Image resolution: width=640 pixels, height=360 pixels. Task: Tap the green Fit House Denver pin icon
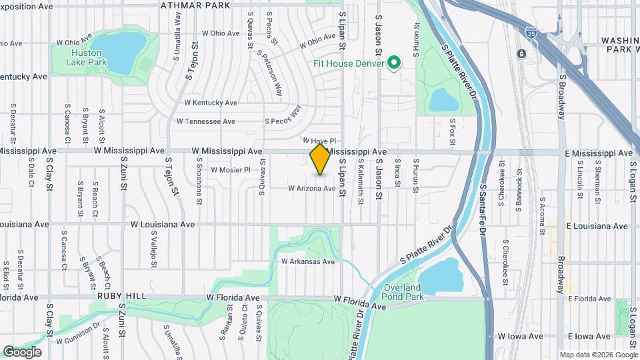click(x=393, y=63)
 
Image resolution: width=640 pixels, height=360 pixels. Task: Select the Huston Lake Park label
click(x=86, y=57)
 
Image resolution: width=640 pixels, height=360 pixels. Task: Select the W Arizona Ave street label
click(x=311, y=189)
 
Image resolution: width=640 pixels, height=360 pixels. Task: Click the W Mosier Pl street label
click(x=230, y=170)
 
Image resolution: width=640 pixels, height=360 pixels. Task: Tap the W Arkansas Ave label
click(x=307, y=261)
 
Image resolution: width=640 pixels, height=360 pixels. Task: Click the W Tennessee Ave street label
click(x=205, y=121)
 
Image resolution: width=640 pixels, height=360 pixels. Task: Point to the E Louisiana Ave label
click(x=597, y=227)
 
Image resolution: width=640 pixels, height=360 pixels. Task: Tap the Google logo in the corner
click(x=22, y=352)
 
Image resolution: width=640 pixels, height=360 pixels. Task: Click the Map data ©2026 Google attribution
click(x=598, y=355)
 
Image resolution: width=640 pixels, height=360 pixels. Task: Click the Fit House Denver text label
click(x=349, y=63)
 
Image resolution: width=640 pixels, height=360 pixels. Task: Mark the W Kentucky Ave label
click(x=211, y=103)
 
